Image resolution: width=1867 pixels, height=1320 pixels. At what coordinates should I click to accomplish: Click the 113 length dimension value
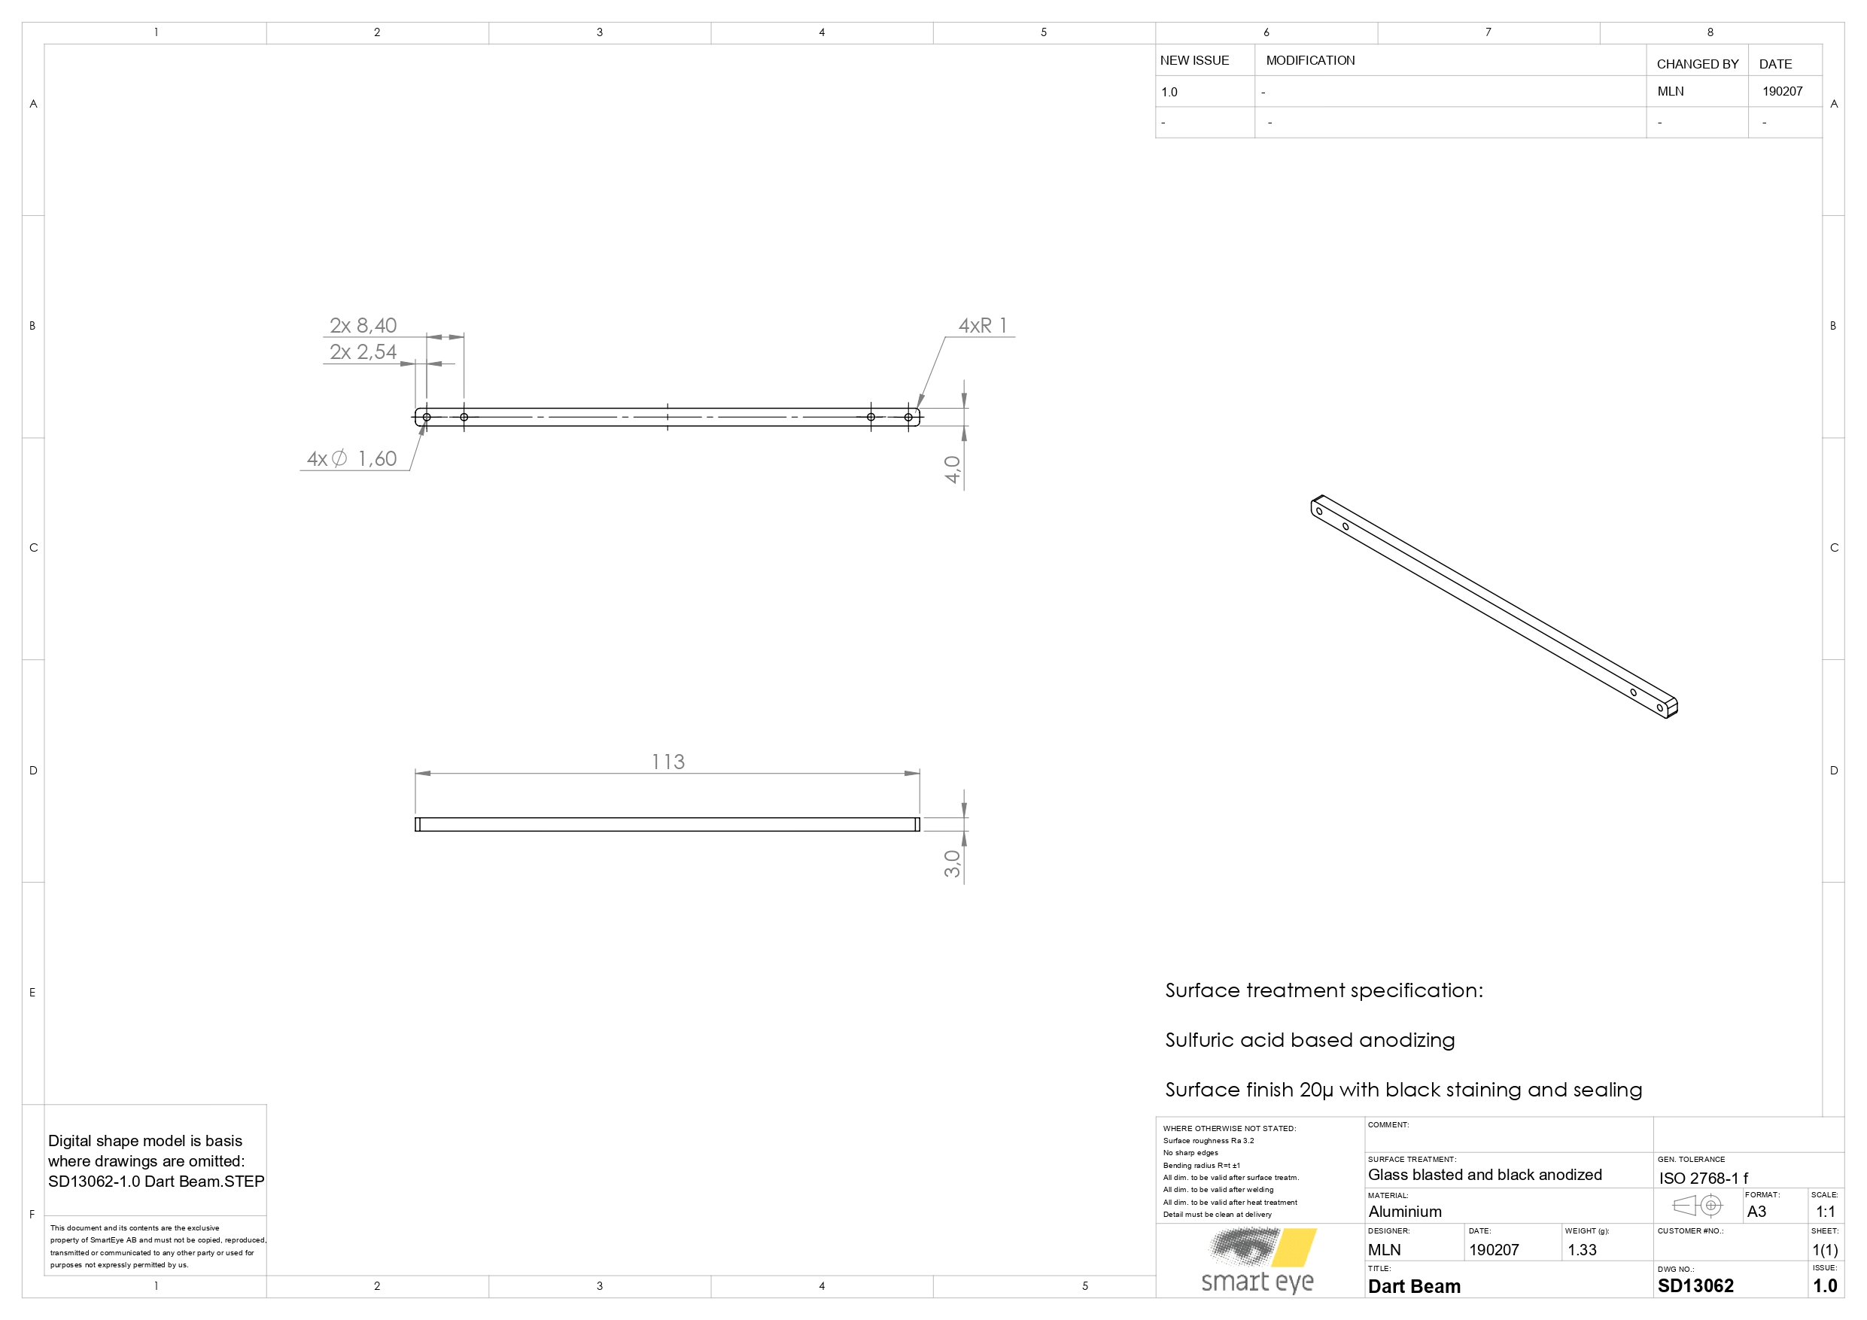[x=667, y=762]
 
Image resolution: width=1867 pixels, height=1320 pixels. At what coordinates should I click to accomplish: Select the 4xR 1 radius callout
[x=982, y=325]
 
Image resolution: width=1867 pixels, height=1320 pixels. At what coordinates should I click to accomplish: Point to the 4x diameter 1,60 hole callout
[x=351, y=459]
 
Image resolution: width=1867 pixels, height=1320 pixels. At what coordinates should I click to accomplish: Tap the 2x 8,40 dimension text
[x=363, y=325]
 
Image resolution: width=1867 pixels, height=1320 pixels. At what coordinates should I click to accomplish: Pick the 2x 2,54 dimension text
[x=363, y=351]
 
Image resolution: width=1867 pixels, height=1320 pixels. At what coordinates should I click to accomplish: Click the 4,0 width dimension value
[x=952, y=470]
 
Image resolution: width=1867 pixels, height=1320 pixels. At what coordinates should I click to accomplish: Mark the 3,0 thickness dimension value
[x=952, y=863]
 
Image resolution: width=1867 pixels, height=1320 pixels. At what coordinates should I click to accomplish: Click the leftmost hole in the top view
[x=427, y=417]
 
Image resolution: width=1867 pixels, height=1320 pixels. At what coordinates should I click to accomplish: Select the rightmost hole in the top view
[x=908, y=417]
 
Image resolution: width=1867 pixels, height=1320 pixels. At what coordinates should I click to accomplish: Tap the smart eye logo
[x=1258, y=1260]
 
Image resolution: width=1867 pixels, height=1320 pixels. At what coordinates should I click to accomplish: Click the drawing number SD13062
[x=1695, y=1286]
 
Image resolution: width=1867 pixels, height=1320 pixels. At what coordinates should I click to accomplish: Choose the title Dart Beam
[x=1414, y=1286]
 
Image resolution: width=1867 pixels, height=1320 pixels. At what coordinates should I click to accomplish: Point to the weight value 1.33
[x=1582, y=1250]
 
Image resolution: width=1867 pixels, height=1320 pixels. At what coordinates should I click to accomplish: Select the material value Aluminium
[x=1404, y=1212]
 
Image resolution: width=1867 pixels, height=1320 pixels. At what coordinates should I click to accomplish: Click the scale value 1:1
[x=1826, y=1211]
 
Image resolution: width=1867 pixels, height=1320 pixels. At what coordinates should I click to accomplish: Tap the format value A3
[x=1756, y=1211]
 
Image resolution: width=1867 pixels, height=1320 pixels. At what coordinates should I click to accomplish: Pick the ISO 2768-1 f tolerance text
[x=1704, y=1178]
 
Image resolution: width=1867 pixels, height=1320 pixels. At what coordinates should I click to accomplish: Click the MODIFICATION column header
[x=1310, y=60]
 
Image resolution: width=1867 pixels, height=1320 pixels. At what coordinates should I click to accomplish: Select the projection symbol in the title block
[x=1697, y=1206]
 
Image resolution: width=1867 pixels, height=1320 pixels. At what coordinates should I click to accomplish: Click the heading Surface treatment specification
[x=1324, y=990]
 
